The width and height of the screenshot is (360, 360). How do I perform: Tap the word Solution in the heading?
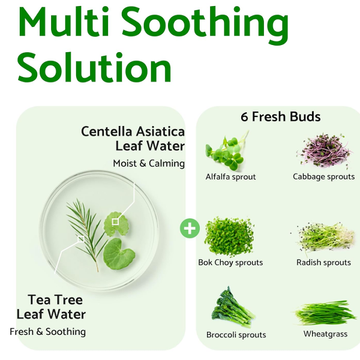pyautogui.click(x=95, y=67)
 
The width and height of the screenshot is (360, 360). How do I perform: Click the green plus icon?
pyautogui.click(x=190, y=228)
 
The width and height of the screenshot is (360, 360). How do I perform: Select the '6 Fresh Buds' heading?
pyautogui.click(x=281, y=116)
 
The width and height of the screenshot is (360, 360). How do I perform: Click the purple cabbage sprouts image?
pyautogui.click(x=325, y=151)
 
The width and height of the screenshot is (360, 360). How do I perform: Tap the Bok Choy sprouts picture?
pyautogui.click(x=229, y=237)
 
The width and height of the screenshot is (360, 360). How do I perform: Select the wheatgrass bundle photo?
pyautogui.click(x=325, y=313)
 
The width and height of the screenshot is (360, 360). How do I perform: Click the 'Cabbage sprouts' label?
pyautogui.click(x=324, y=177)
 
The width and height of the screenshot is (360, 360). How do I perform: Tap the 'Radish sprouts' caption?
pyautogui.click(x=324, y=262)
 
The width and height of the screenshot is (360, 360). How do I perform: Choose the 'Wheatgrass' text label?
pyautogui.click(x=325, y=334)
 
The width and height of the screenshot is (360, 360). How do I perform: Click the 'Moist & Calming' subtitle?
pyautogui.click(x=149, y=163)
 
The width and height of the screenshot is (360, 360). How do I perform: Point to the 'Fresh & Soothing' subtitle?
pyautogui.click(x=48, y=332)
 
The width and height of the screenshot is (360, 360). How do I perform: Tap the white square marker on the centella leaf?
pyautogui.click(x=115, y=222)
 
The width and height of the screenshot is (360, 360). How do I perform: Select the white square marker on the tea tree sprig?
pyautogui.click(x=81, y=239)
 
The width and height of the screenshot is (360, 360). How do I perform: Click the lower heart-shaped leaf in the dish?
pyautogui.click(x=118, y=254)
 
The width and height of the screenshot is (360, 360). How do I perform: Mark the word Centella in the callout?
pyautogui.click(x=107, y=132)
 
